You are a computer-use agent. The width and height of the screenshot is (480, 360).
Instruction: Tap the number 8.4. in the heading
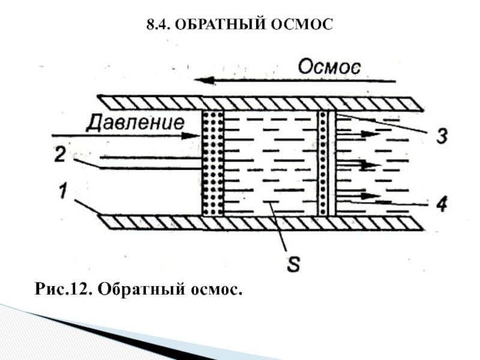pyautogui.click(x=160, y=25)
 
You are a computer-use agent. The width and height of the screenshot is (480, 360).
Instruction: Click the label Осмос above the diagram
pyautogui.click(x=329, y=65)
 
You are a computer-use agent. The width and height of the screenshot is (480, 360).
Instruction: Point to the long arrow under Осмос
pyautogui.click(x=294, y=80)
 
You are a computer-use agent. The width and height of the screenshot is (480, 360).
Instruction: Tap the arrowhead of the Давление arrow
pyautogui.click(x=193, y=136)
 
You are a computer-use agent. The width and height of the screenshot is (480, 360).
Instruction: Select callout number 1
pyautogui.click(x=62, y=193)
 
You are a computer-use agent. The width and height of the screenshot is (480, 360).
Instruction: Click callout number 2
pyautogui.click(x=60, y=154)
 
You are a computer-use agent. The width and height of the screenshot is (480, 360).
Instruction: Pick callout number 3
pyautogui.click(x=441, y=136)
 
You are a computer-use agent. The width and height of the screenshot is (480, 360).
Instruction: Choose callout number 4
pyautogui.click(x=441, y=205)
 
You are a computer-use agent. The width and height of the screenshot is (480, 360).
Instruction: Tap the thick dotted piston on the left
pyautogui.click(x=212, y=162)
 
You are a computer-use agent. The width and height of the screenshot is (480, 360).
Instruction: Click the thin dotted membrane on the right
pyautogui.click(x=324, y=162)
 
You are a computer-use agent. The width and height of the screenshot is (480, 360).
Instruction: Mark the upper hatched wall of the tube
pyautogui.click(x=258, y=103)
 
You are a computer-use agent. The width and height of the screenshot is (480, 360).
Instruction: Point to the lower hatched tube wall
pyautogui.click(x=258, y=222)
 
